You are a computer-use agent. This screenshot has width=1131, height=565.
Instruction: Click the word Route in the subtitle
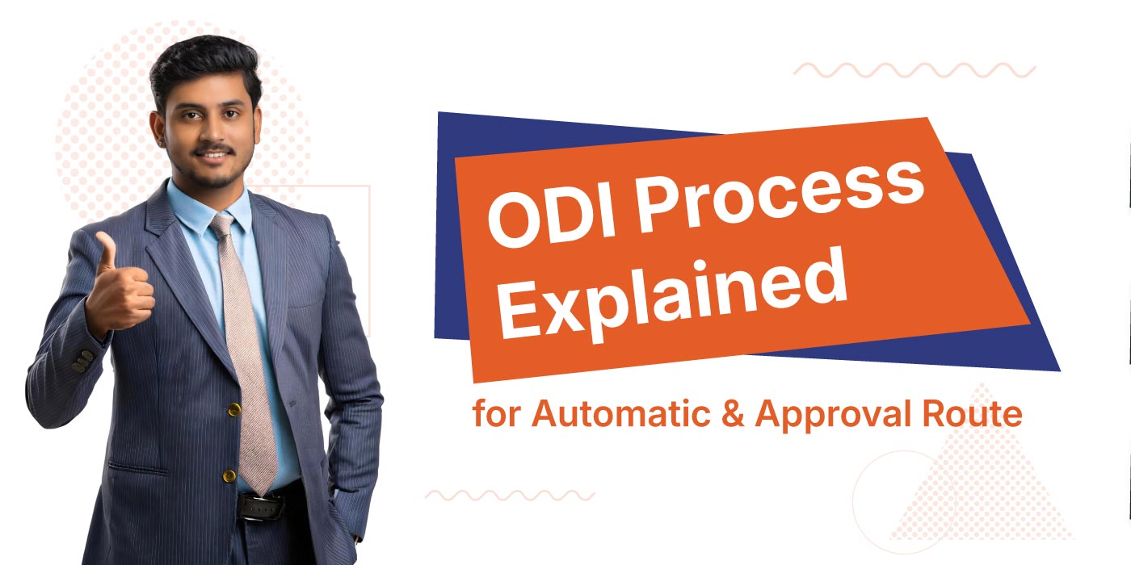(x=978, y=414)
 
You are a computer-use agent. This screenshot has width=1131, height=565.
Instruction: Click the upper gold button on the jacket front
(x=234, y=410)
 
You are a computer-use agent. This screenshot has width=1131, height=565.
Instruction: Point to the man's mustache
(x=216, y=150)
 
